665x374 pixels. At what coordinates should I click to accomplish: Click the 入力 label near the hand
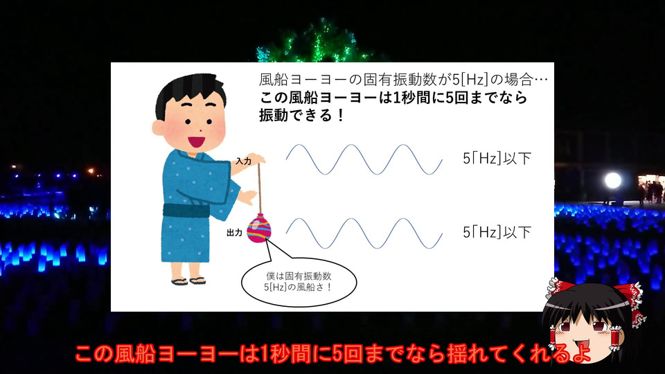pos(244,161)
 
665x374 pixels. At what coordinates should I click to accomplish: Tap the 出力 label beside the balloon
pos(235,233)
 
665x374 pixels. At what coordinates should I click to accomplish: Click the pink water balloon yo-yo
pos(258,228)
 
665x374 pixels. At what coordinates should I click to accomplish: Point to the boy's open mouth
pos(196,141)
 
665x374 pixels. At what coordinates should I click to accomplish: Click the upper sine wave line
pos(364,159)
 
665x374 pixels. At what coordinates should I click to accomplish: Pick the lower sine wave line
pos(364,233)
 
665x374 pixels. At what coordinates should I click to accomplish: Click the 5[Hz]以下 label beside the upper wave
pos(497,159)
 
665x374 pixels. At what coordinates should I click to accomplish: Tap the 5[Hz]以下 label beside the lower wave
pos(497,233)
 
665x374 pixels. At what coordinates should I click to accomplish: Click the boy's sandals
pos(188,280)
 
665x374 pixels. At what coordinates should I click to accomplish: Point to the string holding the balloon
pos(259,188)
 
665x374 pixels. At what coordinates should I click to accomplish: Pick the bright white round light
pos(613,181)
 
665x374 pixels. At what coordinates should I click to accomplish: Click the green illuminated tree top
pos(316,42)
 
